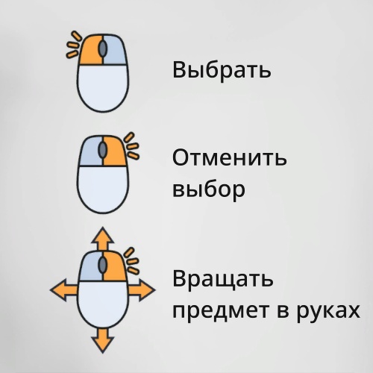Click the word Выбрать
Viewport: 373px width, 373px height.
222,70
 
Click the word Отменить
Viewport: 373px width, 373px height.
230,158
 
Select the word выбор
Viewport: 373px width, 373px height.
209,189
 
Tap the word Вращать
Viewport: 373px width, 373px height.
223,279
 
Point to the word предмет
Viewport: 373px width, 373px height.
221,311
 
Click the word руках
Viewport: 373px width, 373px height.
328,311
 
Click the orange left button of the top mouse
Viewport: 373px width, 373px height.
90,50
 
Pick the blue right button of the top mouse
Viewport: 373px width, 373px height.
115,50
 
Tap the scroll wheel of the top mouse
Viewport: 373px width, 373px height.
102,48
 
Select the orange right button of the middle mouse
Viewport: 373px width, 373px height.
115,151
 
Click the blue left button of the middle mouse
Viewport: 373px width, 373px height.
90,151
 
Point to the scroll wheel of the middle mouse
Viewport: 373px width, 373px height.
102,150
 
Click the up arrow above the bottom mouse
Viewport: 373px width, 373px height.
103,239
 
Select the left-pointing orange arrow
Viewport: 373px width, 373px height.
63,289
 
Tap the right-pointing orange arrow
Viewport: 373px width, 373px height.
142,289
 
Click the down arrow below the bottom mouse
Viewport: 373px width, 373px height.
103,341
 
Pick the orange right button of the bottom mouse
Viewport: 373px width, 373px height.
115,266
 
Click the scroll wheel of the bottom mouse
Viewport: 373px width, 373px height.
102,265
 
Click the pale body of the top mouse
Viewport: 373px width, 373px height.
103,87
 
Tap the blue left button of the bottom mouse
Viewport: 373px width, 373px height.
90,266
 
